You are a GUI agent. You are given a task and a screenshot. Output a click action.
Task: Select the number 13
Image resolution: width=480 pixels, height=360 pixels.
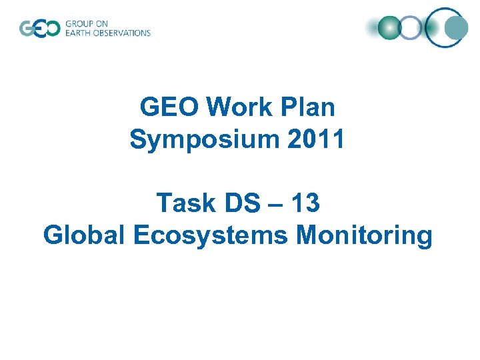[304, 203]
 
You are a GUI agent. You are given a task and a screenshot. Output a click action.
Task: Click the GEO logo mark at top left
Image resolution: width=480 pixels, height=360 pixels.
[39, 29]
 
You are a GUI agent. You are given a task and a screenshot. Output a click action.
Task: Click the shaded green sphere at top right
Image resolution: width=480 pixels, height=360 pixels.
[389, 27]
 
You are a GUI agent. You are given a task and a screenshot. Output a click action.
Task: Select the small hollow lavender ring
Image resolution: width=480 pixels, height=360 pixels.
[412, 27]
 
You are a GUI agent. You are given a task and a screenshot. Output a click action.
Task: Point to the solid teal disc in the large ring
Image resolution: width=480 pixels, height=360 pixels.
[457, 28]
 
